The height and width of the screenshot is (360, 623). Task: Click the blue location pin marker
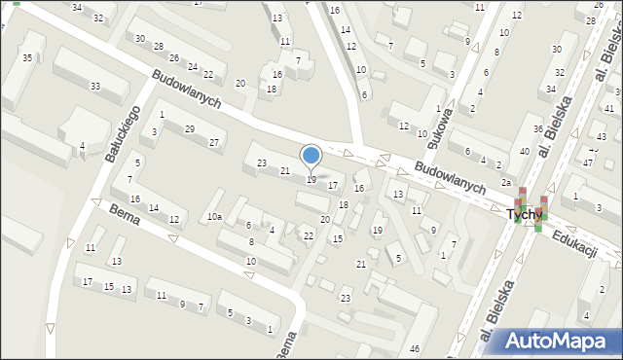[311, 157]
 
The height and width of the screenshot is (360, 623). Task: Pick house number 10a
[213, 217]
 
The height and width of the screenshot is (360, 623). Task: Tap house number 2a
[506, 183]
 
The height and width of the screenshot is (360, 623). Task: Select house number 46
[415, 348]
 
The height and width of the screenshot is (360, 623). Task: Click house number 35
[27, 59]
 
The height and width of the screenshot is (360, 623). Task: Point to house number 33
[94, 87]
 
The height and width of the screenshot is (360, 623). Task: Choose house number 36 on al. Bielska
[537, 129]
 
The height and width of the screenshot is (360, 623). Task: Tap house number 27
[213, 143]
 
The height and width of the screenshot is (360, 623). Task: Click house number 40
[524, 151]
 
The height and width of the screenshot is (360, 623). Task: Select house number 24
[194, 67]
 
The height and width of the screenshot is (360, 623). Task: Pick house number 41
[608, 109]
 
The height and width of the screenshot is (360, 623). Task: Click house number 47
[588, 162]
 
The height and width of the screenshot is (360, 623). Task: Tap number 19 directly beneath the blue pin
[311, 179]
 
